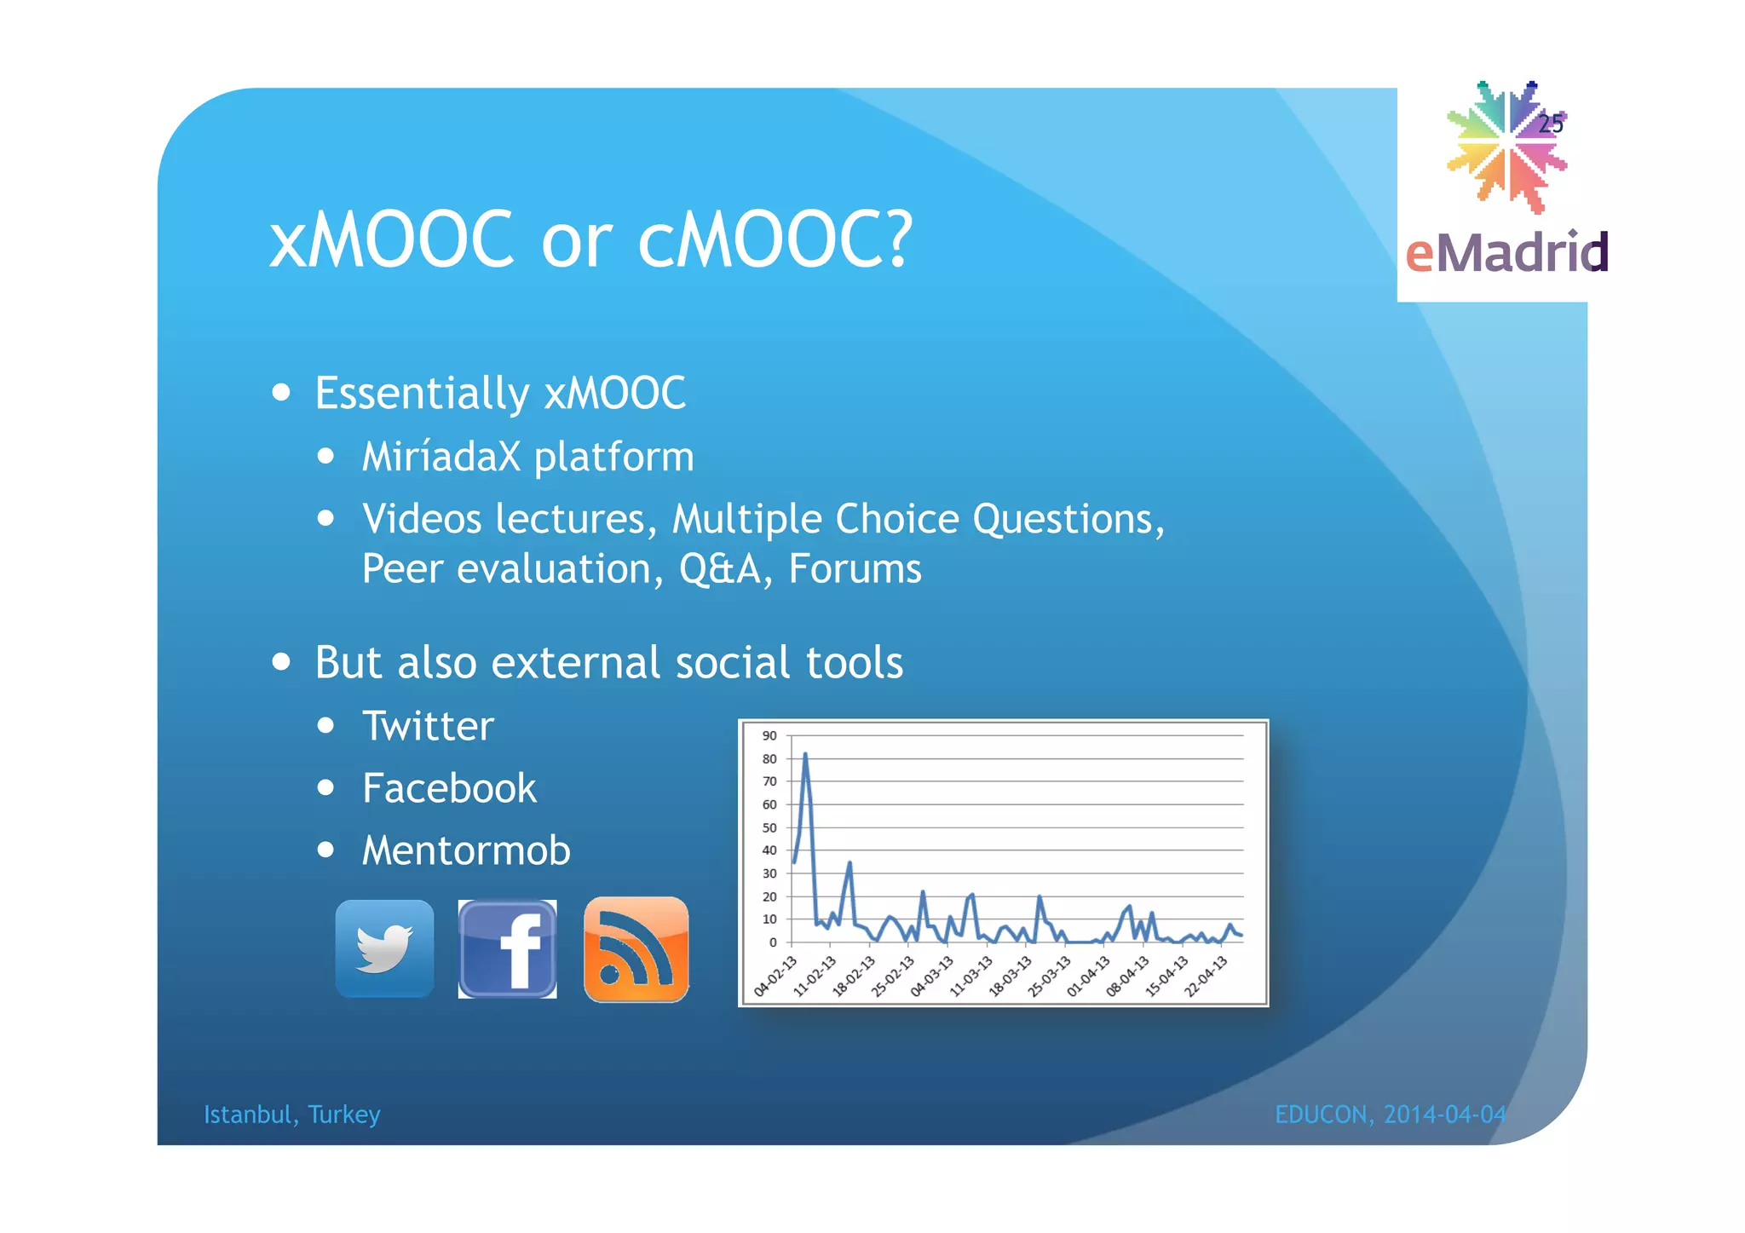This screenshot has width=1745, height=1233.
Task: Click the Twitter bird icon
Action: coord(384,948)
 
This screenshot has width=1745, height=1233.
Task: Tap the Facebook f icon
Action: coord(508,948)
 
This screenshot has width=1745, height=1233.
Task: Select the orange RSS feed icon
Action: coord(636,949)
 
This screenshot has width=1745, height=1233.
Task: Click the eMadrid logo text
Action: coord(1506,252)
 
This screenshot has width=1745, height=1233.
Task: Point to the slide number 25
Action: coord(1551,124)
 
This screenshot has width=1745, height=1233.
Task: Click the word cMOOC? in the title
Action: coord(775,239)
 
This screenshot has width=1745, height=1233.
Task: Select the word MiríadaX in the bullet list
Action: coord(441,457)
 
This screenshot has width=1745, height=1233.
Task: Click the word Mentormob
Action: coord(466,850)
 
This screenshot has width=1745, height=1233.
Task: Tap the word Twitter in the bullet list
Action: coord(428,726)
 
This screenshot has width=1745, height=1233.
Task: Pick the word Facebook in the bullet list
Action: coord(449,788)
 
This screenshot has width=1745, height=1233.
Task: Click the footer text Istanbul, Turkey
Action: coord(291,1115)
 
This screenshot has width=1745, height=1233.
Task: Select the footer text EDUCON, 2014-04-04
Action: coord(1390,1115)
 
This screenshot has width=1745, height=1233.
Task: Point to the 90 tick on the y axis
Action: coord(769,735)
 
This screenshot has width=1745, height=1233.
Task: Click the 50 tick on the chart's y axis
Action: coord(769,827)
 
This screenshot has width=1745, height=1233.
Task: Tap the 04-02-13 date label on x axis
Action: coord(775,977)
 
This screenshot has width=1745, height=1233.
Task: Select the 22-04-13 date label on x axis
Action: coord(1206,977)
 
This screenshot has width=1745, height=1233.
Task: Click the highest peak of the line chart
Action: coord(805,754)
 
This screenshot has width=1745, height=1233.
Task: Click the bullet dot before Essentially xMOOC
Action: coord(281,393)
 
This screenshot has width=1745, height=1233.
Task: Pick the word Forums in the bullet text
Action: coord(855,569)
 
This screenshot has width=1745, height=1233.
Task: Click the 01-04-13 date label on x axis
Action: coord(1088,977)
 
